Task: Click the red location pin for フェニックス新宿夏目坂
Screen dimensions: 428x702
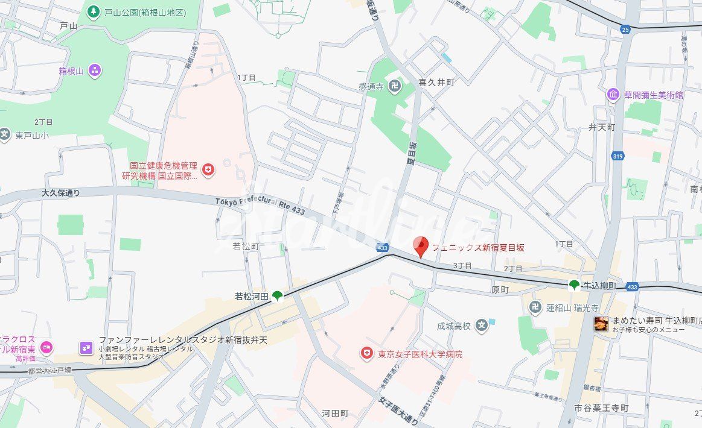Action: [421, 246]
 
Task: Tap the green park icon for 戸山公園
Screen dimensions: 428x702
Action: [94, 11]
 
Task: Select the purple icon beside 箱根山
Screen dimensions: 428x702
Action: [95, 71]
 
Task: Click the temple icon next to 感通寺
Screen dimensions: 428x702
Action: [394, 86]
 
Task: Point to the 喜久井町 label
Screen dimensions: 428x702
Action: [436, 83]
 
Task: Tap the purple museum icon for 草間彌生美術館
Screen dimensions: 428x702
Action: [613, 95]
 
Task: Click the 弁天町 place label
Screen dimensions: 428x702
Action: [601, 127]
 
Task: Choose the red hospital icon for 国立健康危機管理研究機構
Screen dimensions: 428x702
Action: [208, 171]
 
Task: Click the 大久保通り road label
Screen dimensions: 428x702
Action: [61, 193]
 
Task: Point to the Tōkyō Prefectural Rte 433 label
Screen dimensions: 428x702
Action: [260, 206]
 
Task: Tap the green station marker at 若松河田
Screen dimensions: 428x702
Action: [277, 295]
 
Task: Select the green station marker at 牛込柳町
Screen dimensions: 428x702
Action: [574, 285]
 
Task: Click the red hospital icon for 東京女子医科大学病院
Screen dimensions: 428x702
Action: [366, 354]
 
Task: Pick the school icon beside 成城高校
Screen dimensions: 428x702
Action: [481, 326]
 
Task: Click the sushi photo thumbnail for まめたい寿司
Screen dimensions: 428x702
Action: [601, 324]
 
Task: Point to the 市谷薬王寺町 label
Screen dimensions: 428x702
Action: [601, 408]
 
